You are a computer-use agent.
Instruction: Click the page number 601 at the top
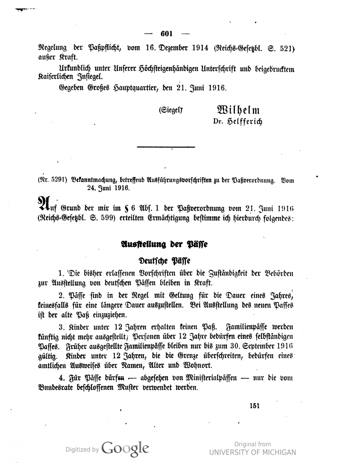[167, 34]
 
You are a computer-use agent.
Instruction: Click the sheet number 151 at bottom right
[254, 405]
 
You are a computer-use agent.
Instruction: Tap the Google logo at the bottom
[125, 448]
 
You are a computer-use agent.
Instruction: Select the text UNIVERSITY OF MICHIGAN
[252, 453]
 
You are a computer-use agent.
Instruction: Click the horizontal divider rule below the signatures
[166, 147]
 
